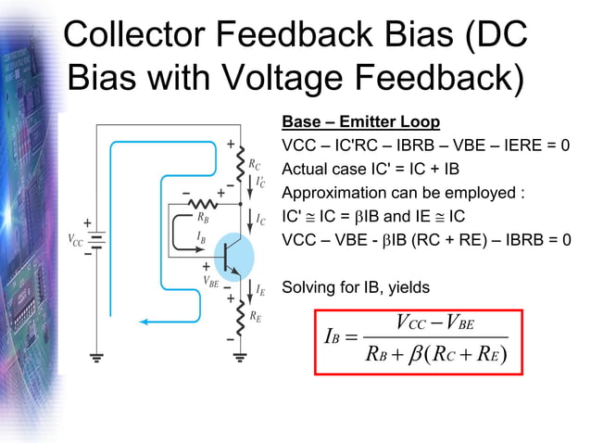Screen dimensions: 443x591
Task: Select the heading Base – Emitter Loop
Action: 360,123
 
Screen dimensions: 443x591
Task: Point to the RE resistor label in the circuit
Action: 255,316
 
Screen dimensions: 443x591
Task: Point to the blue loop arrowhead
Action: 145,322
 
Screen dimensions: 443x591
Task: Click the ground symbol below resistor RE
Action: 240,355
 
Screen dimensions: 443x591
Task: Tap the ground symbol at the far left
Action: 96,355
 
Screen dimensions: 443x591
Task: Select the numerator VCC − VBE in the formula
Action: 434,323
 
